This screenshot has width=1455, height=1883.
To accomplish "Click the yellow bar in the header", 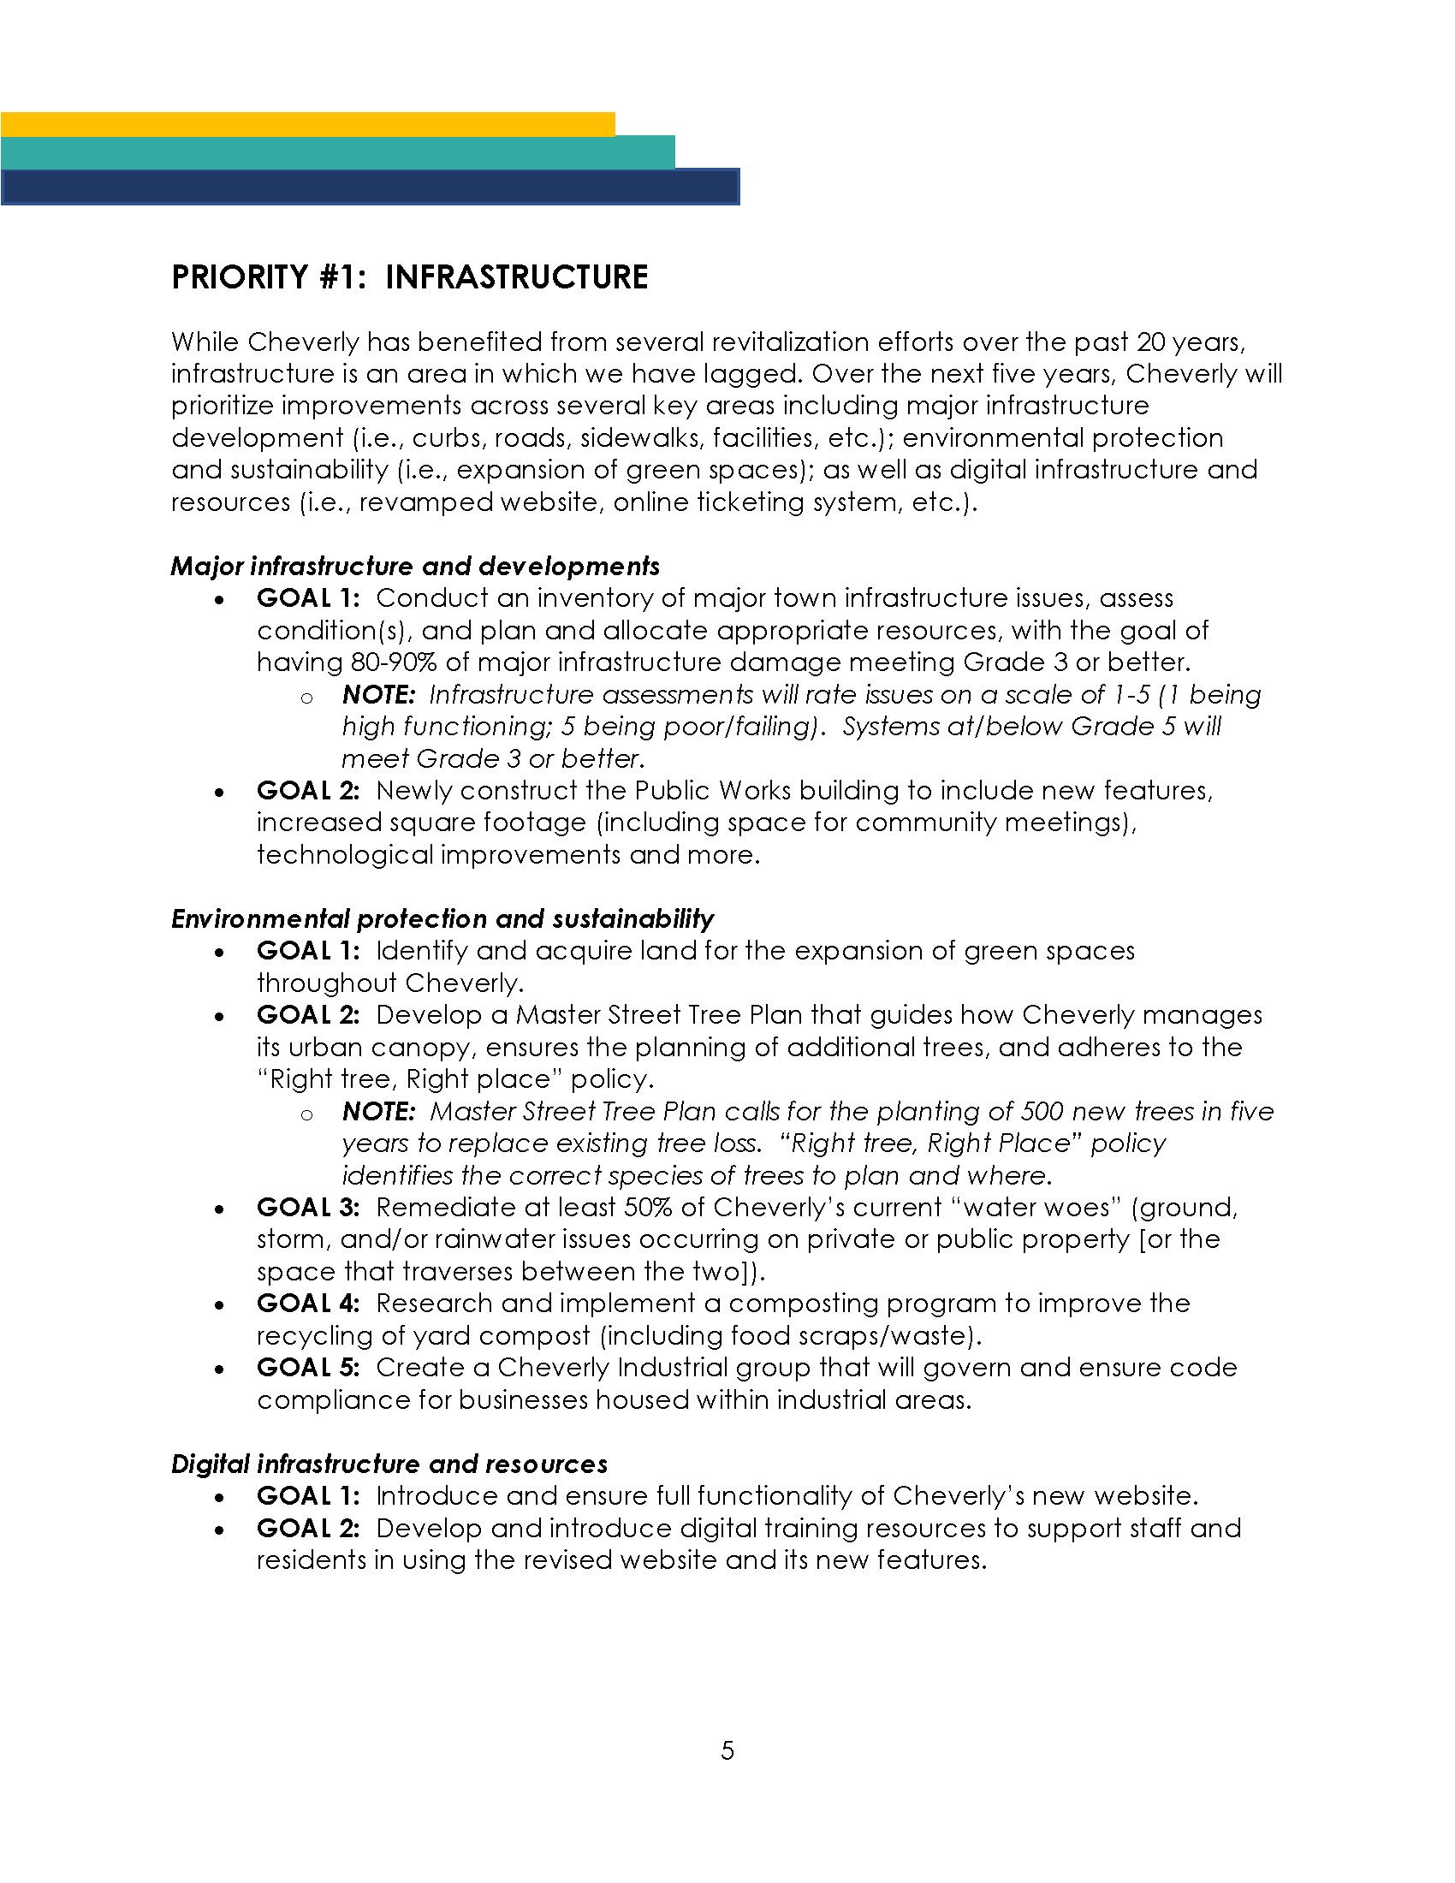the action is [308, 123].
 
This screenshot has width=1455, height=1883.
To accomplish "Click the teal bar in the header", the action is [337, 151].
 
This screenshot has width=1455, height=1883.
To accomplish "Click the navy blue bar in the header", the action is [370, 187].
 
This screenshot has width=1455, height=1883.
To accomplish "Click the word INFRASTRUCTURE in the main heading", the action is [516, 277].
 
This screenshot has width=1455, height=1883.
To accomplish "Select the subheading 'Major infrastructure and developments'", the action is [415, 567].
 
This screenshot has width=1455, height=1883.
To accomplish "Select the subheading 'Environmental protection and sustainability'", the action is [442, 919].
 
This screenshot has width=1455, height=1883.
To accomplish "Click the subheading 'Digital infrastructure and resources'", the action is [389, 1464].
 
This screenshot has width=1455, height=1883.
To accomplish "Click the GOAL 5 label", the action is [308, 1368].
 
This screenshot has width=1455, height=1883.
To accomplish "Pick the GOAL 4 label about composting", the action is [308, 1303].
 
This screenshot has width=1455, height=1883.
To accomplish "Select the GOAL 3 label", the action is [308, 1207].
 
